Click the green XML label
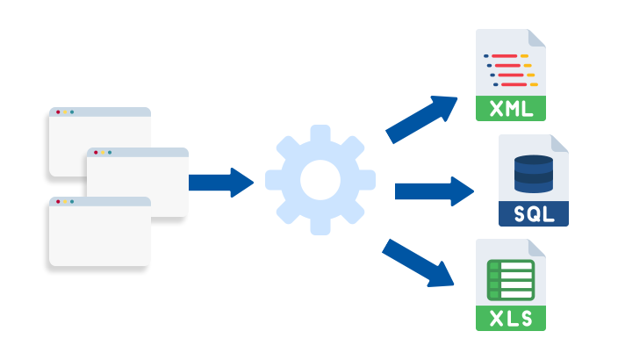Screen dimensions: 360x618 (x=510, y=109)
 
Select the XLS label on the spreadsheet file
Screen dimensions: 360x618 (x=510, y=318)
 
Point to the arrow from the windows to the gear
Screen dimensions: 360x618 (x=220, y=182)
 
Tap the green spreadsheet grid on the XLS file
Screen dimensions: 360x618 (x=510, y=280)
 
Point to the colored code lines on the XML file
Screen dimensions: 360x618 (x=510, y=70)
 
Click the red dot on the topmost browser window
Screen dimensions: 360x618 (x=58, y=112)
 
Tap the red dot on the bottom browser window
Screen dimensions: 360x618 (x=58, y=202)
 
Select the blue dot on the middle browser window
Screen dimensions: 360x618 (x=110, y=153)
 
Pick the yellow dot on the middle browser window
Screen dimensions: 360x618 (x=103, y=153)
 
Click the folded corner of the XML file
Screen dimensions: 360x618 (x=535, y=39)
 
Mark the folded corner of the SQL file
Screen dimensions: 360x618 (x=558, y=144)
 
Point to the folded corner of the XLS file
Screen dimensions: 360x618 (x=535, y=248)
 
